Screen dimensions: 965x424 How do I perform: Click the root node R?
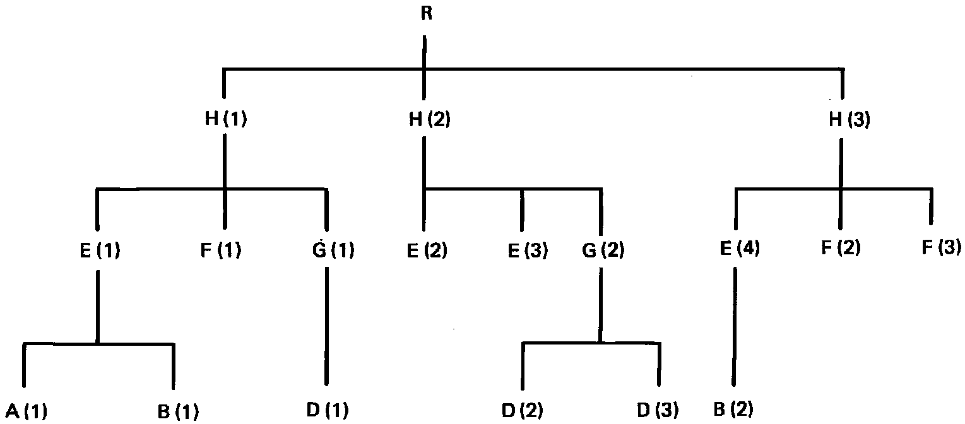[x=426, y=14]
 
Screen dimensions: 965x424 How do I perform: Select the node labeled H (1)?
[x=225, y=120]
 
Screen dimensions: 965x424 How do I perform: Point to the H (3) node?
[x=850, y=120]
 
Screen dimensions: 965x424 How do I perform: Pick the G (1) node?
[x=329, y=250]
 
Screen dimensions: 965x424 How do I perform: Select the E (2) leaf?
[x=427, y=250]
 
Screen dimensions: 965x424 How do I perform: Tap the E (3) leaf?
[x=528, y=250]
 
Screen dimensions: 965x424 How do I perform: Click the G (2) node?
[x=603, y=250]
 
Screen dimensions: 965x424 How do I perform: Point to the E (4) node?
[x=739, y=249]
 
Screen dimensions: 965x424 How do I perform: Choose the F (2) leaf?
[x=840, y=248]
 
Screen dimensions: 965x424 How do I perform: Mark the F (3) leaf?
[x=940, y=248]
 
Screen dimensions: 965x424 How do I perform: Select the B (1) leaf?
[x=178, y=412]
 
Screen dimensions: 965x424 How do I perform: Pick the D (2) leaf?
[x=523, y=410]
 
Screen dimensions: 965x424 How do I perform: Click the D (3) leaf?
[x=658, y=410]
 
